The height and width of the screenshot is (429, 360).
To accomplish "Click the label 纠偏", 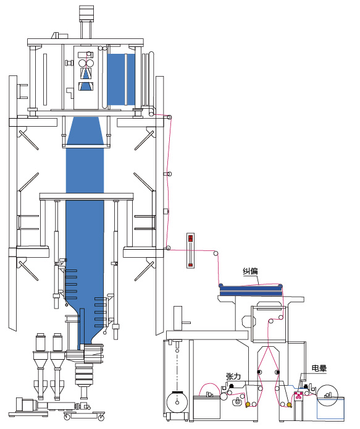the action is tap(250, 271).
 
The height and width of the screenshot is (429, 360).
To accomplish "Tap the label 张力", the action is tap(233, 376).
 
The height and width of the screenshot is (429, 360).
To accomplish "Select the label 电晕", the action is tap(319, 368).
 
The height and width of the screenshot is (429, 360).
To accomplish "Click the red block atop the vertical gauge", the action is tap(191, 238).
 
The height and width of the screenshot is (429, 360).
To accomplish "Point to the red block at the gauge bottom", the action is tap(191, 265).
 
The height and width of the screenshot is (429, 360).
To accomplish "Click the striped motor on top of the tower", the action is tap(86, 14).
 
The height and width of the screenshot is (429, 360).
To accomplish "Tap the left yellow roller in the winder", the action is tap(248, 404).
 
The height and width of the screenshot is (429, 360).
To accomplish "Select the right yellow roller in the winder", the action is tap(289, 404).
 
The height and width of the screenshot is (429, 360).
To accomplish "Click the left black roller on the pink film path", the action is tap(259, 372).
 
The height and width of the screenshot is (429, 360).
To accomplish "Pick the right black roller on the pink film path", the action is tap(277, 372).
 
